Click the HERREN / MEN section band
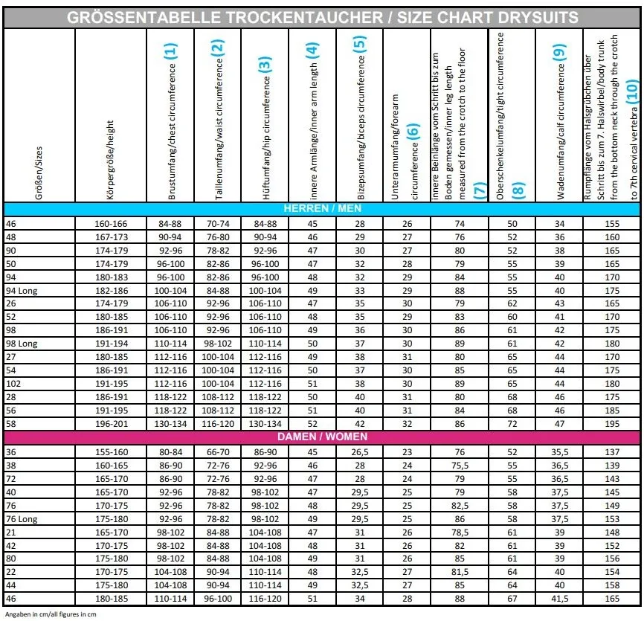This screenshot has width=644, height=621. [x=322, y=209]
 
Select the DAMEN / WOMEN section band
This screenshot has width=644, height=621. [x=322, y=437]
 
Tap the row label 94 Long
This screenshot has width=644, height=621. [x=22, y=291]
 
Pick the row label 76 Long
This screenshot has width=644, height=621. [x=22, y=518]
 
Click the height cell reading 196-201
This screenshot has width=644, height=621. [x=112, y=424]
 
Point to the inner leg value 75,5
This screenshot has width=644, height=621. [x=460, y=465]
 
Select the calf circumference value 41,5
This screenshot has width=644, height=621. [x=558, y=599]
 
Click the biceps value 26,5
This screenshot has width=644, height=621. [x=360, y=451]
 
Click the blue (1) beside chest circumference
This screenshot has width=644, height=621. [x=171, y=51]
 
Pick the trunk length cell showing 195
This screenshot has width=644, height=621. [x=612, y=424]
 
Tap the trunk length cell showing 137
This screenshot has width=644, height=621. [x=612, y=451]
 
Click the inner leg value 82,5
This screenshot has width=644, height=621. [x=460, y=505]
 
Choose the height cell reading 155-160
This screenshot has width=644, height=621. [x=112, y=451]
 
